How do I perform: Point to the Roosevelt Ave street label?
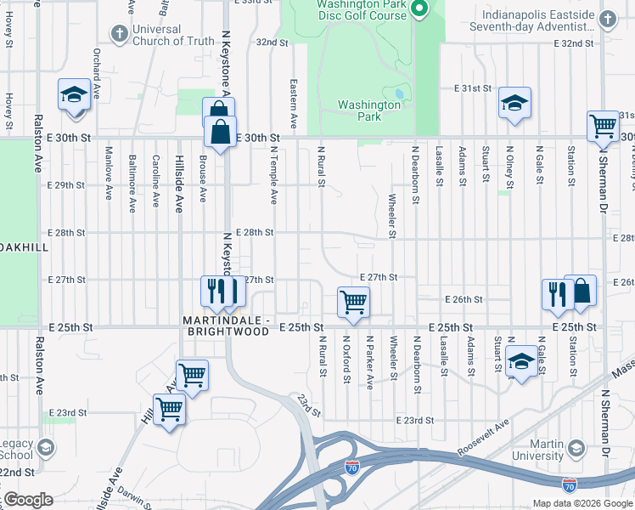pos(482,429)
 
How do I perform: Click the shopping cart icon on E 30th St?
pos(602,126)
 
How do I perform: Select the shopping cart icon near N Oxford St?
pos(352,301)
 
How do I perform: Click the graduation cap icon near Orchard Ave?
pos(74,94)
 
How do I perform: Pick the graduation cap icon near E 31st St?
pos(514,103)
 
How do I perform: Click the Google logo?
pos(29,500)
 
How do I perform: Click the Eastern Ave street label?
pos(293,105)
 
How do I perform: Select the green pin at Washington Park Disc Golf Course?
pos(418,9)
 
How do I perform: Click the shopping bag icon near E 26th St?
pos(581,291)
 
